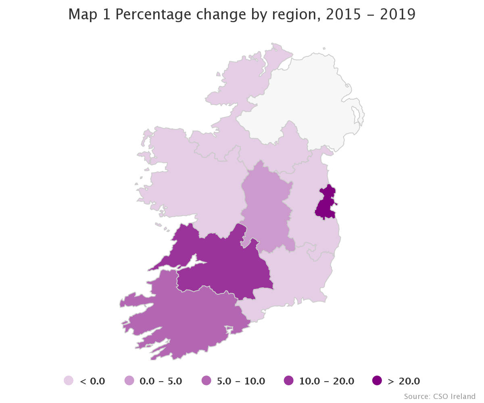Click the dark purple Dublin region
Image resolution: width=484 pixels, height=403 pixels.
pyautogui.click(x=325, y=204)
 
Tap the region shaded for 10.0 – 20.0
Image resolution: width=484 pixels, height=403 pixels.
pyautogui.click(x=226, y=262)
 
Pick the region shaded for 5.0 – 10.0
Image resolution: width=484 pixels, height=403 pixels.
pyautogui.click(x=190, y=318)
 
